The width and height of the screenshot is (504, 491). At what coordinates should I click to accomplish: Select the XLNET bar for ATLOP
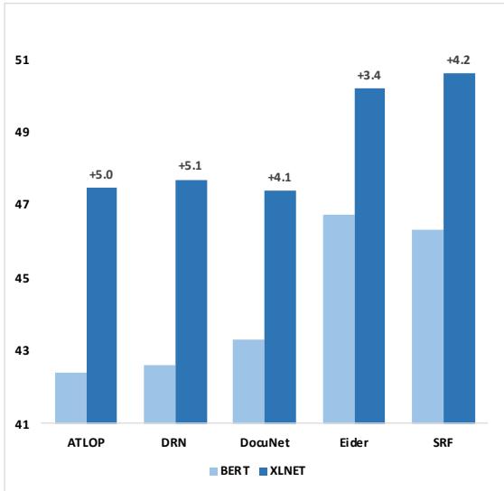click(101, 305)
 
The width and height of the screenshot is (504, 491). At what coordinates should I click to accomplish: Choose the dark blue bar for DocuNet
click(279, 307)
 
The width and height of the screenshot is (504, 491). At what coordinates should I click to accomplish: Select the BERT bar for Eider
click(338, 319)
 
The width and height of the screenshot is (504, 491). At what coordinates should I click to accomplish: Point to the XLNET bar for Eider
click(369, 255)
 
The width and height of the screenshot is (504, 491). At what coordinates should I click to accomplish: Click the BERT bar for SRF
click(426, 326)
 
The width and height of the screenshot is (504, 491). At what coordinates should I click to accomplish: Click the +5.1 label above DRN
click(191, 167)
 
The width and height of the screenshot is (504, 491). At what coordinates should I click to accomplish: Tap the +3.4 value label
click(369, 75)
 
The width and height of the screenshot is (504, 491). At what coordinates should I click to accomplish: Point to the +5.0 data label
click(101, 175)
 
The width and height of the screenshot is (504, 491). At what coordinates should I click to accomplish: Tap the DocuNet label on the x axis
click(264, 444)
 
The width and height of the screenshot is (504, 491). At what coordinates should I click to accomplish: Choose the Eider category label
click(353, 444)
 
